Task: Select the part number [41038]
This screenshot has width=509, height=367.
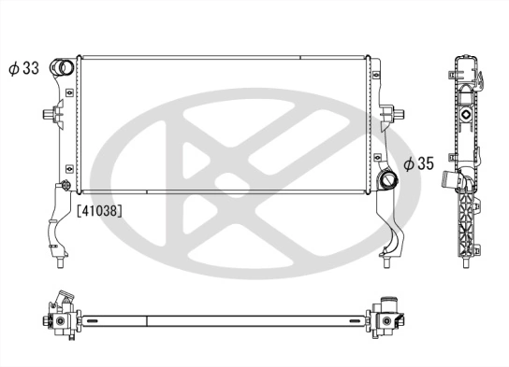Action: click(x=100, y=209)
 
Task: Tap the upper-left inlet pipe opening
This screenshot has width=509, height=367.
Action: click(x=63, y=67)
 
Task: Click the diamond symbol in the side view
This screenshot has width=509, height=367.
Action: click(x=463, y=113)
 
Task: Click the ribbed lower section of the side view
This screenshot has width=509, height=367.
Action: click(x=465, y=224)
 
